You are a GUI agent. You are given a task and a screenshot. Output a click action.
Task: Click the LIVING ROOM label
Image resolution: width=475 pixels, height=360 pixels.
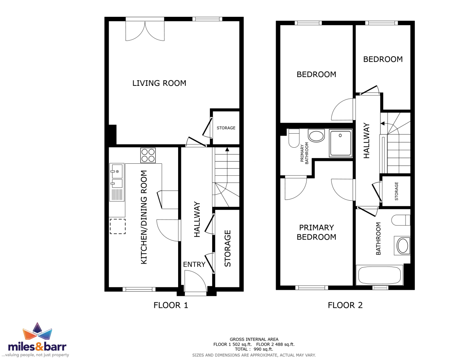click(x=159, y=83)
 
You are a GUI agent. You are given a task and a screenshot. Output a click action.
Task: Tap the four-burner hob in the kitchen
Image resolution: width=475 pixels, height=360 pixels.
click(x=148, y=155)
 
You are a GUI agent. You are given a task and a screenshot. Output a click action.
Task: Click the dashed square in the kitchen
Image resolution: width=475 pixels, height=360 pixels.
click(x=118, y=226)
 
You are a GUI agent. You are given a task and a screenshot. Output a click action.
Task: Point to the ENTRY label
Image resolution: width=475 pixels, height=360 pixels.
click(x=194, y=264)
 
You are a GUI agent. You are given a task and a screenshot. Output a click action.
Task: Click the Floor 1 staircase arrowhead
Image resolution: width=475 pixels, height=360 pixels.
click(x=227, y=149)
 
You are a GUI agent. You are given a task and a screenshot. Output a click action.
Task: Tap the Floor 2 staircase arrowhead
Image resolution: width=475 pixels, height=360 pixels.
click(x=383, y=124)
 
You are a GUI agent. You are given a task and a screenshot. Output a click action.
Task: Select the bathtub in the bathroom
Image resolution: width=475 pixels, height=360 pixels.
click(x=380, y=275)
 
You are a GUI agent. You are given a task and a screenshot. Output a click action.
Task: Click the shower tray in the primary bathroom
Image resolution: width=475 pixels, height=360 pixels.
click(x=341, y=143)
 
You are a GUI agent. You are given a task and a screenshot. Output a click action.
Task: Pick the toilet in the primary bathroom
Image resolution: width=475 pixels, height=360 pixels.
click(x=294, y=138)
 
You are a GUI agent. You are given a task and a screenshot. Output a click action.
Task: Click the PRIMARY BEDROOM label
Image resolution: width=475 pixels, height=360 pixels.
click(x=316, y=232)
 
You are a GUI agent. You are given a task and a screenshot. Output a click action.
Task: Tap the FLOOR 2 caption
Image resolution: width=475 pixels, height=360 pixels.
click(x=345, y=305)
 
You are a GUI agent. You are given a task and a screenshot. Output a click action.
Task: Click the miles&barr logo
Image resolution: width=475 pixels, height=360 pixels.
click(x=37, y=340)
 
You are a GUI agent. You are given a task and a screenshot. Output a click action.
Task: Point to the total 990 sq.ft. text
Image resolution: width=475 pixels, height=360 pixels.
click(x=254, y=349)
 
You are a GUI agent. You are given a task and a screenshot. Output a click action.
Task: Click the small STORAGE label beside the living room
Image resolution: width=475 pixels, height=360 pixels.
click(x=226, y=128)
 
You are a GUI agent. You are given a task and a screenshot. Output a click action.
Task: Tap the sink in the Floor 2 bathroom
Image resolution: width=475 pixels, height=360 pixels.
click(x=402, y=246)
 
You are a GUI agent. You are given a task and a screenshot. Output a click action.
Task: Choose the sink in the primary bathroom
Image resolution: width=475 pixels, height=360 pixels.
click(x=316, y=136)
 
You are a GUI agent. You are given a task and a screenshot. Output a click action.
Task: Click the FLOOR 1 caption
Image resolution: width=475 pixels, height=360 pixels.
click(x=171, y=305)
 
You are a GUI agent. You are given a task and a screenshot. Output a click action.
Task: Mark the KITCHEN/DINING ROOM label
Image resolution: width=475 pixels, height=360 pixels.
click(x=144, y=217)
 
